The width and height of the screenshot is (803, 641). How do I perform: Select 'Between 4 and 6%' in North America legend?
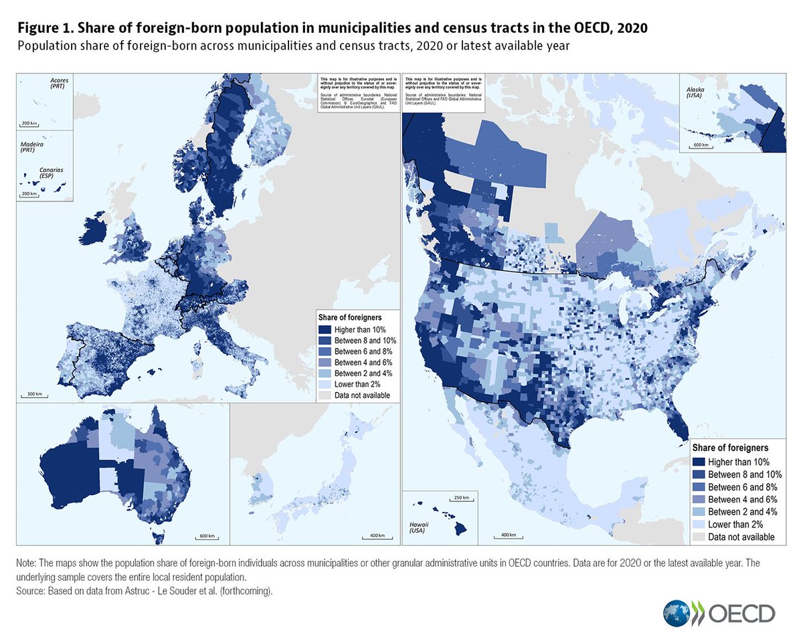pos(700,499)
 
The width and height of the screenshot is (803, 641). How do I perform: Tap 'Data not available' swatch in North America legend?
pos(700,537)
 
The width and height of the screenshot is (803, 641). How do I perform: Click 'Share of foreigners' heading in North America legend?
pos(729,448)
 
